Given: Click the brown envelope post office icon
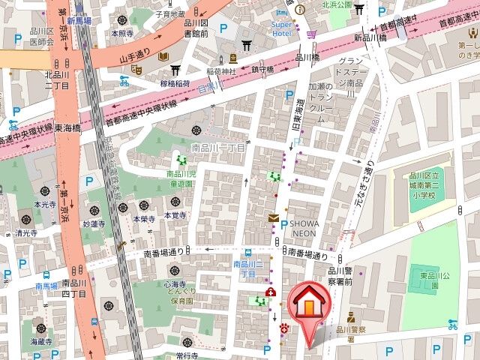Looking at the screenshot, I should [272, 217].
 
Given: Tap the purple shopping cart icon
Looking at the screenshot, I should [311, 33].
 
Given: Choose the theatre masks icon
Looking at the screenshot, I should [136, 69].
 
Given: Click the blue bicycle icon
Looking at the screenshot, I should [452, 324].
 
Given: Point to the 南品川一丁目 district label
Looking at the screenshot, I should [218, 148].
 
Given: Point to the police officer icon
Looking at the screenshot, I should [350, 316].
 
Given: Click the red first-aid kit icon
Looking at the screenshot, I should [270, 292].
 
